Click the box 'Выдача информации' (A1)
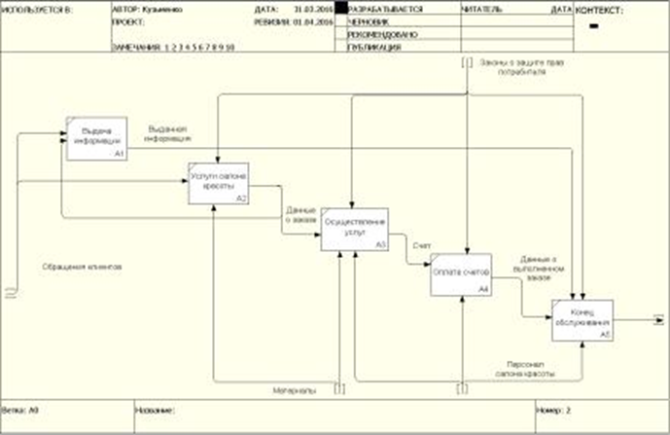point(95,140)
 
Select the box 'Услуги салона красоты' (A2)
point(219,182)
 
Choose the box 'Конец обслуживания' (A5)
point(582,320)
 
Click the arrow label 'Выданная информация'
point(166,132)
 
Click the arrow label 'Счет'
point(420,245)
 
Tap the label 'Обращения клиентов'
point(82,265)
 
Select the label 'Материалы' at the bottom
point(294,390)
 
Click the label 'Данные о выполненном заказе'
point(537,268)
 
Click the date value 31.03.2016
point(311,8)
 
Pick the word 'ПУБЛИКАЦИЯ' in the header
point(373,45)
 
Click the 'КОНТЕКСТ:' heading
point(602,10)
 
